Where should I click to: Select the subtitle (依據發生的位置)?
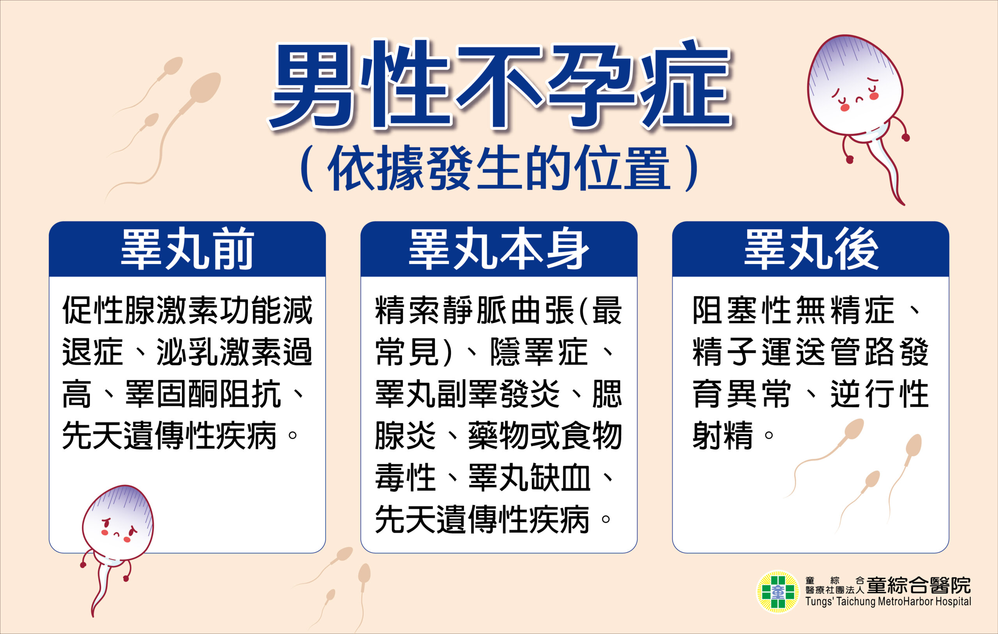click(500, 168)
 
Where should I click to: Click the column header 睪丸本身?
click(499, 249)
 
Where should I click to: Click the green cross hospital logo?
click(778, 592)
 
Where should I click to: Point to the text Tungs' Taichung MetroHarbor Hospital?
click(888, 602)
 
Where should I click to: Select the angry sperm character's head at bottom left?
click(118, 520)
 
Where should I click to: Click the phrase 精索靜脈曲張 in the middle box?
click(474, 310)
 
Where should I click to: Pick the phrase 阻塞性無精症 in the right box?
click(793, 310)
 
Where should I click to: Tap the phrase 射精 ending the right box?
click(722, 436)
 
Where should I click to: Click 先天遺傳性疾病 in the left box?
click(169, 436)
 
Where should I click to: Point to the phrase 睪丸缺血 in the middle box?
click(529, 477)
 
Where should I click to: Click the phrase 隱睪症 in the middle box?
click(539, 352)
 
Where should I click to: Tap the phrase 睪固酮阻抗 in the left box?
click(203, 394)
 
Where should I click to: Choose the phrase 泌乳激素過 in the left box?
click(234, 352)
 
